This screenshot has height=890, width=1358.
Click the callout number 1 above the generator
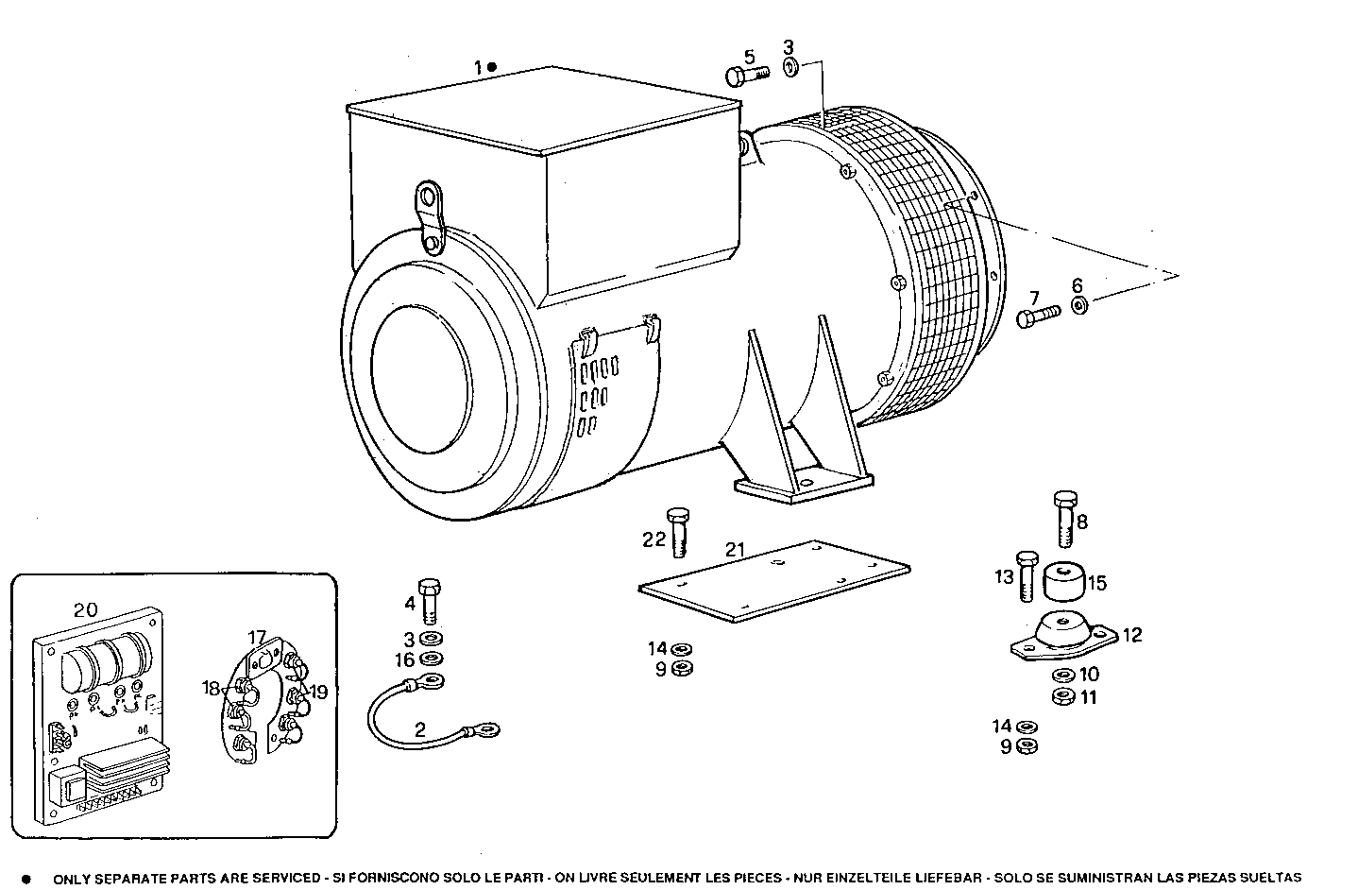(479, 67)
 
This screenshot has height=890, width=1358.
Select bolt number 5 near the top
(740, 77)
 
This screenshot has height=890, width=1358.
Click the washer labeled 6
(1078, 305)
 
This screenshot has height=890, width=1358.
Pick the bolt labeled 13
(1027, 574)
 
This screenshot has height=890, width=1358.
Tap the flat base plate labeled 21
(774, 581)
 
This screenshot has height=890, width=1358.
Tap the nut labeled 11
(1061, 697)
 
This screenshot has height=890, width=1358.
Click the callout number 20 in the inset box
(85, 610)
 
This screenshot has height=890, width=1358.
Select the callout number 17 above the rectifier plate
(258, 637)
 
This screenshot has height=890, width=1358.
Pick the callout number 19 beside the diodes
(319, 693)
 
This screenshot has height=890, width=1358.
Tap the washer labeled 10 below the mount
(1061, 675)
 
